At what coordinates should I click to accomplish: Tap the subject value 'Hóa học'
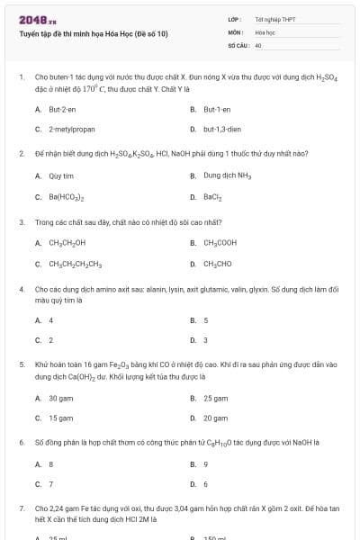point(265,31)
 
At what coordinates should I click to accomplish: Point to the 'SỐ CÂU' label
point(237,44)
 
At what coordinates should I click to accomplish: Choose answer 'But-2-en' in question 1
point(62,109)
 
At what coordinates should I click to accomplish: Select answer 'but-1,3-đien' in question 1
point(221,129)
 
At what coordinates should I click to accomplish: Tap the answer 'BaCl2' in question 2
point(213,195)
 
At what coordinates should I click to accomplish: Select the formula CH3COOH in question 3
point(220,242)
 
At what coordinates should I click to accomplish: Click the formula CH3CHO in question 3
point(218,263)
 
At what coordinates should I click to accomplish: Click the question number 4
point(21,289)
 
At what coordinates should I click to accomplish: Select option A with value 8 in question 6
point(50,464)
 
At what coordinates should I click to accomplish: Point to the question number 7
point(21,508)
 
